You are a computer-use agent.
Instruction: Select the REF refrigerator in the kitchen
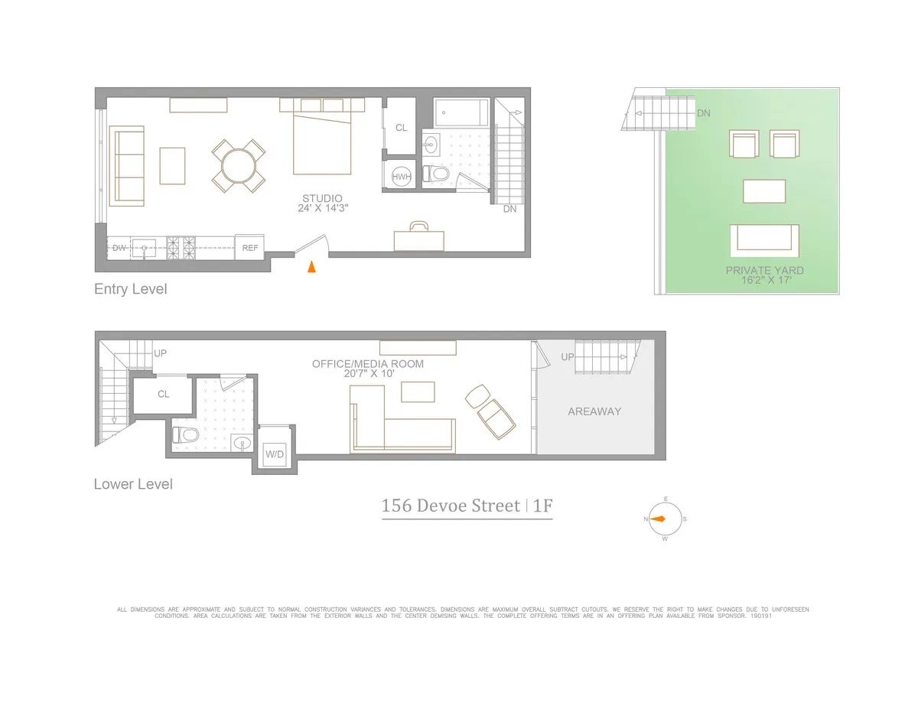[x=249, y=247]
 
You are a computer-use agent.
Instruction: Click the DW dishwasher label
[x=119, y=247]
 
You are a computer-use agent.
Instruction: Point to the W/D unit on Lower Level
[x=274, y=454]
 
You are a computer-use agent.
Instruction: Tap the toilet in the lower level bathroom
[x=186, y=435]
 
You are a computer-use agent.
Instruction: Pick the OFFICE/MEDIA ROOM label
[x=367, y=364]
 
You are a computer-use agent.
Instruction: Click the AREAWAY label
[x=594, y=411]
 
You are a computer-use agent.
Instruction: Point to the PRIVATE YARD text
[x=764, y=270]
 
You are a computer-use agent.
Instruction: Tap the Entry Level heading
[x=130, y=289]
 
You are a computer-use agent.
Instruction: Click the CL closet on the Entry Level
[x=401, y=128]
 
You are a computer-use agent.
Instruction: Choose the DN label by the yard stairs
[x=704, y=112]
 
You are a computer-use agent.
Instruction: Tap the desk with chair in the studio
[x=418, y=238]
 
